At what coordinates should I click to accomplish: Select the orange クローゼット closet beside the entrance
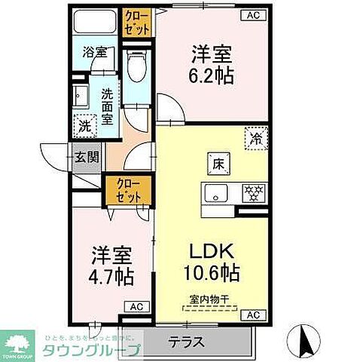[x=121, y=190]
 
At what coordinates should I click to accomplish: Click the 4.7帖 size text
[x=112, y=276]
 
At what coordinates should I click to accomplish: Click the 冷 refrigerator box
[x=256, y=139]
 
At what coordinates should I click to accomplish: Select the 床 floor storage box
[x=216, y=162]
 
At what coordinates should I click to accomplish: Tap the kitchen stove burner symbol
[x=254, y=193]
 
